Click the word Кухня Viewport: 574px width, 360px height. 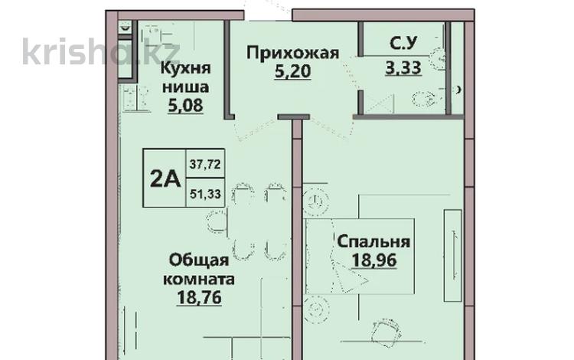[x=185, y=67]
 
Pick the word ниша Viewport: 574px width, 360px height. [x=184, y=86]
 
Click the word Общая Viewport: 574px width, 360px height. [x=191, y=260]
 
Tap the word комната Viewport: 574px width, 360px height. [x=197, y=279]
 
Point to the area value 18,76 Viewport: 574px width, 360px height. [x=198, y=298]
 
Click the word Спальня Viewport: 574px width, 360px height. [x=373, y=242]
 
